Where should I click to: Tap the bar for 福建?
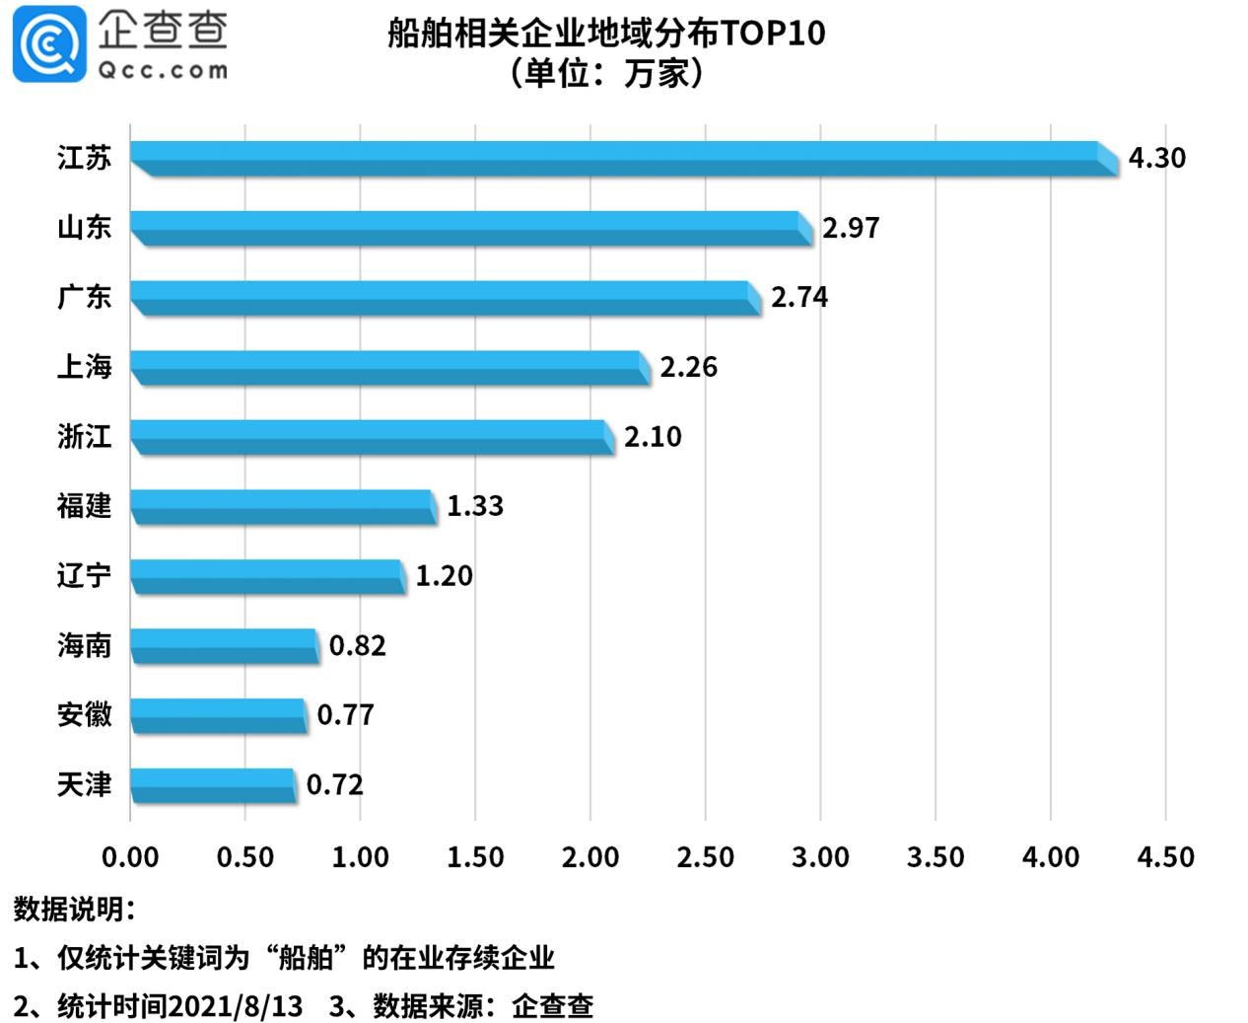[x=283, y=506]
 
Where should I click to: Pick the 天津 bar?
[x=213, y=785]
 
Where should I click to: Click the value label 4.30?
[x=1156, y=158]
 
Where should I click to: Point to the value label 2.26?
[x=688, y=367]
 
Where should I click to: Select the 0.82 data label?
[x=357, y=646]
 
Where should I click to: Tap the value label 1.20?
[x=444, y=576]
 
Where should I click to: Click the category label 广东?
[x=84, y=297]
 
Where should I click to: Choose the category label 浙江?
[x=84, y=436]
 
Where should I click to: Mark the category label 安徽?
[x=84, y=714]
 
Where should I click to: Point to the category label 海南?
[x=84, y=645]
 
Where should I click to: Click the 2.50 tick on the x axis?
[x=705, y=857]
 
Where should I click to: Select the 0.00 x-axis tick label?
[x=130, y=857]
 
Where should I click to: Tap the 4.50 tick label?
[x=1165, y=857]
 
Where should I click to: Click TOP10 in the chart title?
[x=773, y=34]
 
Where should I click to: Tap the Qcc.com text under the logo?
[x=162, y=70]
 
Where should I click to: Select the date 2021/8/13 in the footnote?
[x=235, y=1006]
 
